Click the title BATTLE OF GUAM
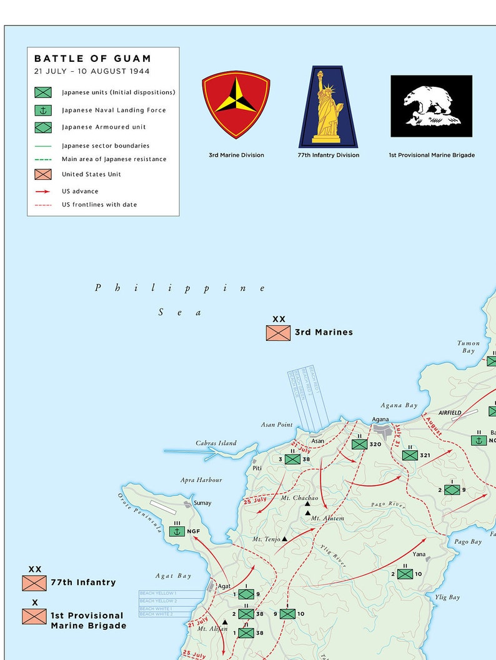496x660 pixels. [92, 59]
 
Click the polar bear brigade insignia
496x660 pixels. [431, 106]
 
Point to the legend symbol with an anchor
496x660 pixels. [43, 110]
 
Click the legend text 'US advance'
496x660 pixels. [80, 191]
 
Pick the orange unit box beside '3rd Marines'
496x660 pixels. [278, 332]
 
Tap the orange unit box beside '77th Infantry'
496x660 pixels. [34, 583]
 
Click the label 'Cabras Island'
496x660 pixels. [216, 443]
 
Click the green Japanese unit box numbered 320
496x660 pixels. [359, 444]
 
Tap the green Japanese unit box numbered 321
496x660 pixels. [410, 455]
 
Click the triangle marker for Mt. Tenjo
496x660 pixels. [285, 538]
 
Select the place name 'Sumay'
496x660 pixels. [202, 503]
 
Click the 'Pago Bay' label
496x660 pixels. [468, 542]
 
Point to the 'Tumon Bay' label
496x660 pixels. [469, 347]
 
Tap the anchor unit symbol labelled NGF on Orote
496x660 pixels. [177, 531]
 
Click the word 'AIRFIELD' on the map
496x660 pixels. [450, 413]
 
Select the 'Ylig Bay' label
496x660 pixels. [447, 598]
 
